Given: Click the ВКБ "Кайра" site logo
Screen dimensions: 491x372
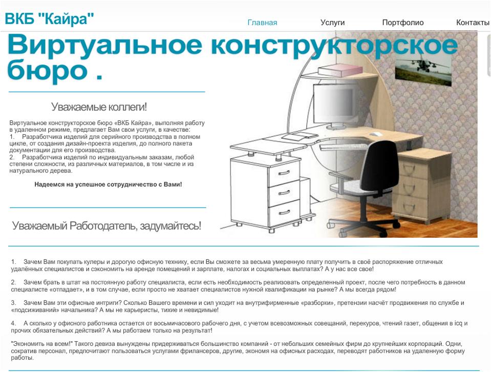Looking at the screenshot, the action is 50,19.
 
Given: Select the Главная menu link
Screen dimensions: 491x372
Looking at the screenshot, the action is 263,23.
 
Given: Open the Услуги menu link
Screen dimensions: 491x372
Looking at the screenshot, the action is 333,23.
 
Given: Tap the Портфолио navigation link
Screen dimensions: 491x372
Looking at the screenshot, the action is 403,23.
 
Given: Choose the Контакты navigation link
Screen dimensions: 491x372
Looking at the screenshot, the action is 473,23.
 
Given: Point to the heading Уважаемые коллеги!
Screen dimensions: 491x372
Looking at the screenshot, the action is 99,107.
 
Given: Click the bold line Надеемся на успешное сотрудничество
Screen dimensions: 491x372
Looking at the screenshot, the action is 108,184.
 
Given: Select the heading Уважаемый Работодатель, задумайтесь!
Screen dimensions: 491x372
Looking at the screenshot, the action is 106,225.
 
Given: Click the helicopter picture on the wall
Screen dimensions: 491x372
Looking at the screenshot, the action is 423,71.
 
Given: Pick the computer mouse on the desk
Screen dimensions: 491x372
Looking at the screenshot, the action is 376,134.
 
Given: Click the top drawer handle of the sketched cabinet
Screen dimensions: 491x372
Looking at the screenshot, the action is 284,173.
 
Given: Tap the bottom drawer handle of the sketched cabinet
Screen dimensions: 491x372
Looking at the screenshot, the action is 284,213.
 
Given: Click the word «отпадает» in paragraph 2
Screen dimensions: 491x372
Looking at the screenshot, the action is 66,290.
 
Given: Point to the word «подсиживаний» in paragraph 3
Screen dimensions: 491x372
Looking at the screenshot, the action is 35,311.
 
